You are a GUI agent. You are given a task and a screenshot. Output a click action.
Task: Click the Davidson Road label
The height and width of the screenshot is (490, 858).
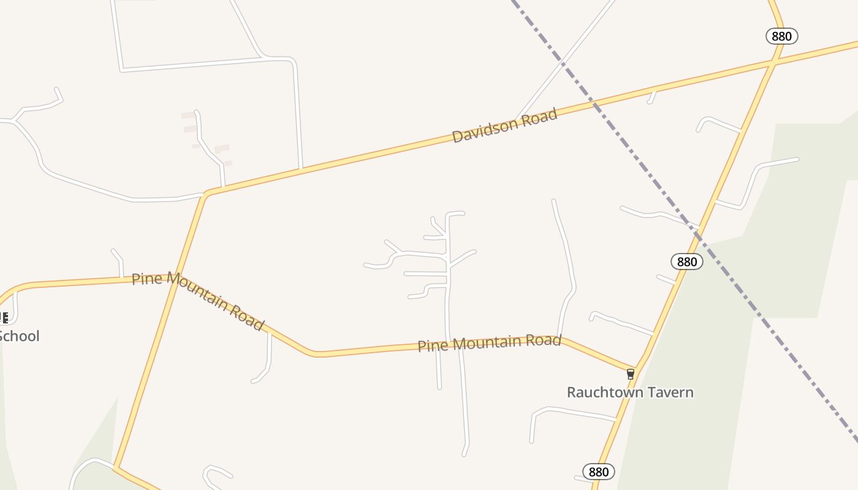coord(504,125)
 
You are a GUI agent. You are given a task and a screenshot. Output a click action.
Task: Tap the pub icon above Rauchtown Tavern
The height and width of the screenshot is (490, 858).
coord(630,374)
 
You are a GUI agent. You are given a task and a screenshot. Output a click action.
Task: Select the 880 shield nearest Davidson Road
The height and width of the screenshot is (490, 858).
coord(781,36)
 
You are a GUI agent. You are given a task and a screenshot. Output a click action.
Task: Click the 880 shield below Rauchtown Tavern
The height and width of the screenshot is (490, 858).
coord(598,472)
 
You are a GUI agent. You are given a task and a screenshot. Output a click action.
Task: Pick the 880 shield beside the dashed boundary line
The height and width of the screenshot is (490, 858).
coord(687,262)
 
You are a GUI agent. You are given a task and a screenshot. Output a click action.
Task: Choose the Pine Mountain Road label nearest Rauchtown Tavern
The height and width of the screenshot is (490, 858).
coord(489,343)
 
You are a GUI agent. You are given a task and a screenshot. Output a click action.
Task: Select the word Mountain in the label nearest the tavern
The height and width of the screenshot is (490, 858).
coord(487,343)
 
